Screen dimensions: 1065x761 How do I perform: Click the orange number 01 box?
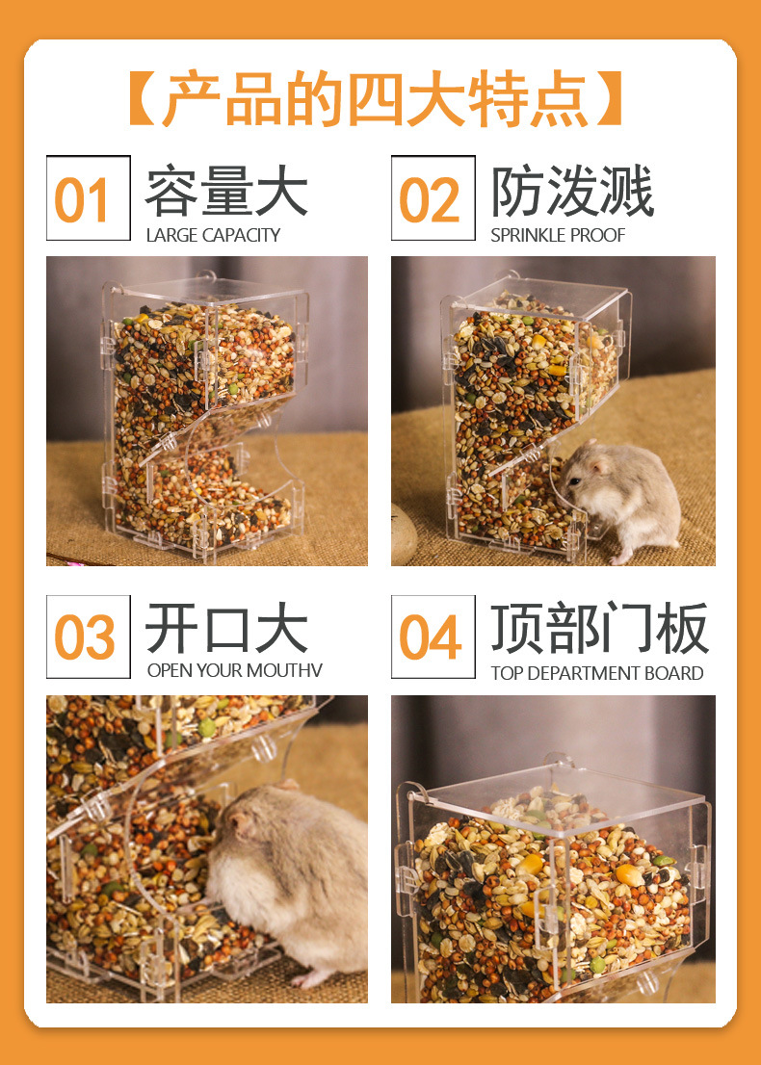(88, 198)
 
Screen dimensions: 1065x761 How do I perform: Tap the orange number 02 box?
(433, 198)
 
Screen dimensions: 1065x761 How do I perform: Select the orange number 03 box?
(88, 637)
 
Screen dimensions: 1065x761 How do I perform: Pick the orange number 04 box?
(433, 637)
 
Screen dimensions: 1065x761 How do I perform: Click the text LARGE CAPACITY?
(213, 235)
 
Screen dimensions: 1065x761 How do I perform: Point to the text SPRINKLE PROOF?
(558, 235)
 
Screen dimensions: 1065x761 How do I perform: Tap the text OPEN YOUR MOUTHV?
(234, 670)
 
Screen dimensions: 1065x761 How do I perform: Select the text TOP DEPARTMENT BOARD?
(596, 673)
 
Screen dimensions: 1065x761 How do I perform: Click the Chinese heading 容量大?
(226, 192)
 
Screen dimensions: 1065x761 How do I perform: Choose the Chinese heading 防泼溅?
(572, 192)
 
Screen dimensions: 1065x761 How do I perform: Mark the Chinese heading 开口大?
(226, 629)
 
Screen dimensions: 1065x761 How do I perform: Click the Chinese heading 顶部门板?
(599, 630)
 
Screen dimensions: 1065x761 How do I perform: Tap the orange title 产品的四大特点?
(376, 98)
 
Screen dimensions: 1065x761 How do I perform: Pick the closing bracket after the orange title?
(610, 98)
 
